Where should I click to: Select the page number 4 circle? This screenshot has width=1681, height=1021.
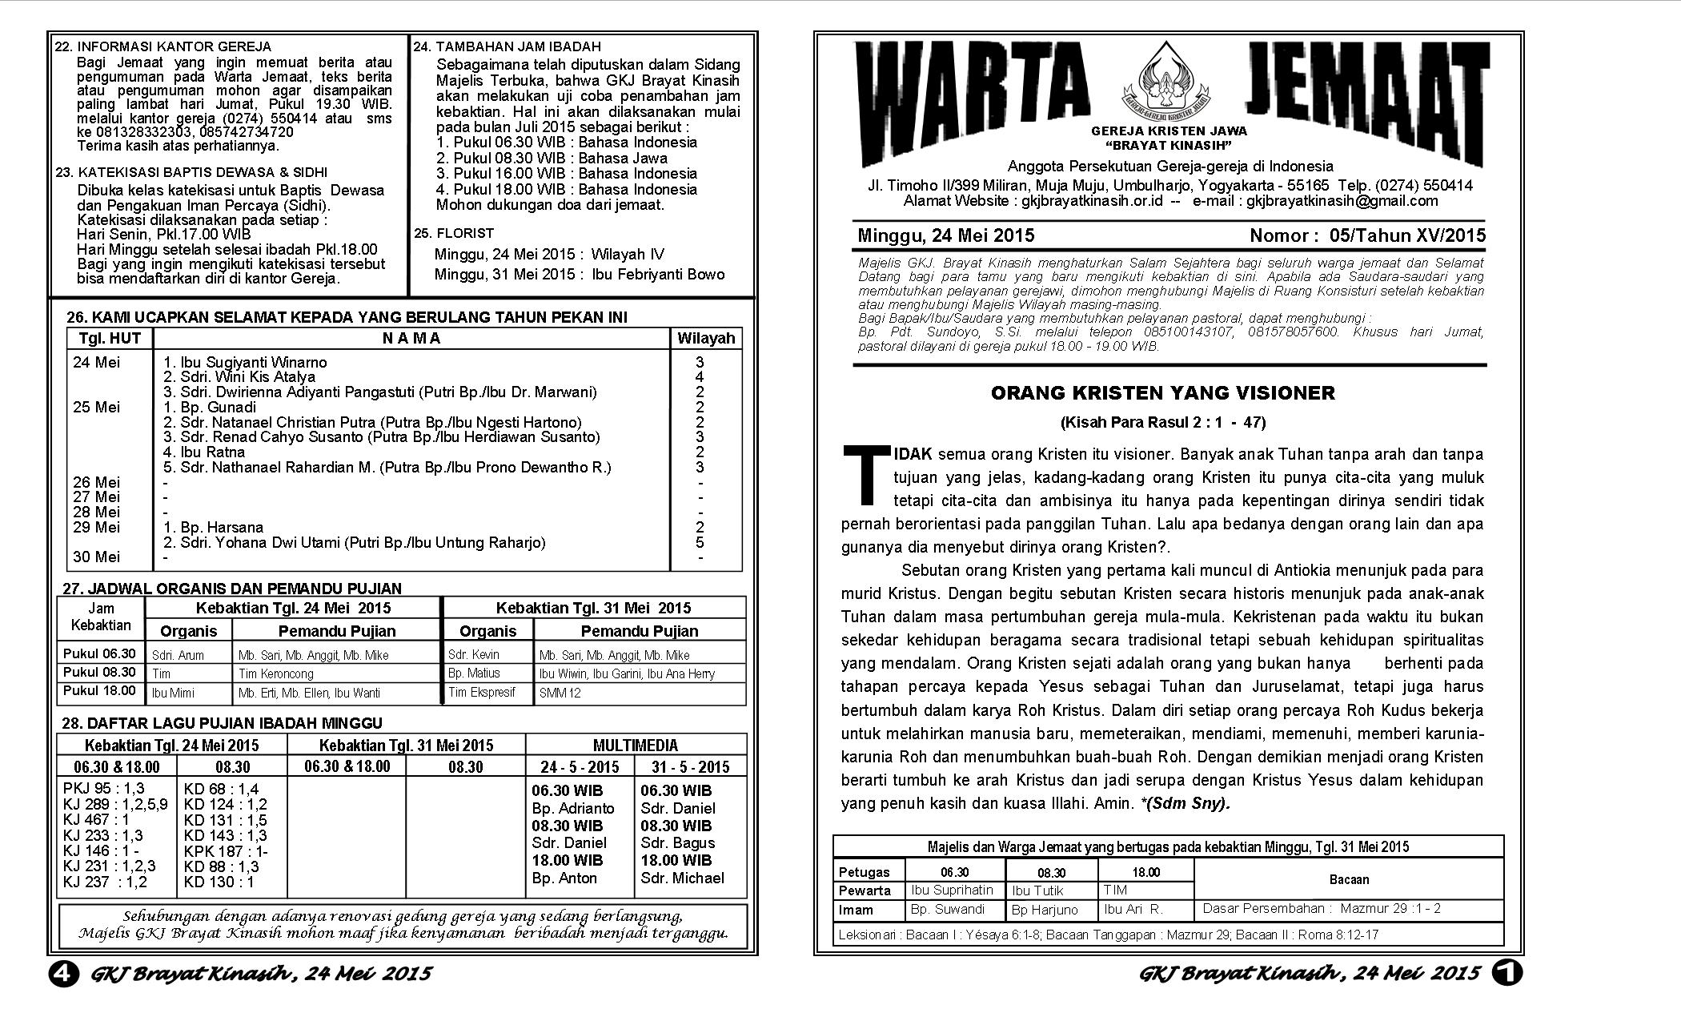pyautogui.click(x=63, y=973)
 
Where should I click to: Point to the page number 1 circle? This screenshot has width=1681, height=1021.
pyautogui.click(x=1507, y=972)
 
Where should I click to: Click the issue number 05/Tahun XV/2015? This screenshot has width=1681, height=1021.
pyautogui.click(x=1407, y=235)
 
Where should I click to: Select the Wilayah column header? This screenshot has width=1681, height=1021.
pyautogui.click(x=705, y=338)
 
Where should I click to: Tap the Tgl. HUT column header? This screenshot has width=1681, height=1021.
pyautogui.click(x=110, y=338)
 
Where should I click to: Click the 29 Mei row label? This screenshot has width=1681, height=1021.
pyautogui.click(x=96, y=527)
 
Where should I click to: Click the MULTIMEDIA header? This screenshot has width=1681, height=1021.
pyautogui.click(x=636, y=745)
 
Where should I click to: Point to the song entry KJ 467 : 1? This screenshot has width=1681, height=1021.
pyautogui.click(x=96, y=819)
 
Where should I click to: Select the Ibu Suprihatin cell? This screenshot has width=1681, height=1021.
pyautogui.click(x=952, y=890)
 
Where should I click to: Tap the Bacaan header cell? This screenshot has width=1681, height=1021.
pyautogui.click(x=1349, y=879)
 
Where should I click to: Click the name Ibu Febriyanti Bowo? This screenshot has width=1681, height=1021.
pyautogui.click(x=658, y=274)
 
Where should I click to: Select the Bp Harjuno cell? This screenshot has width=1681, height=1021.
pyautogui.click(x=1045, y=910)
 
